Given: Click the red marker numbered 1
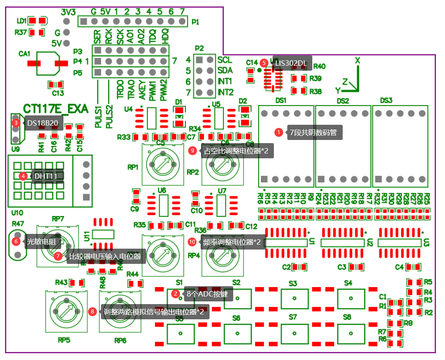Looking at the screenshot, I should pyautogui.click(x=279, y=132).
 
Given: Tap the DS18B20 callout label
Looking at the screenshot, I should pyautogui.click(x=42, y=123).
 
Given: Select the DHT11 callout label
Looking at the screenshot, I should pyautogui.click(x=46, y=176).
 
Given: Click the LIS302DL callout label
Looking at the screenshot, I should pyautogui.click(x=291, y=63).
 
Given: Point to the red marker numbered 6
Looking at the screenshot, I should pyautogui.click(x=16, y=241).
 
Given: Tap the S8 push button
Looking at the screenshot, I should pyautogui.click(x=351, y=333).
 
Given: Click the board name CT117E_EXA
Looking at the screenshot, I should pyautogui.click(x=56, y=109).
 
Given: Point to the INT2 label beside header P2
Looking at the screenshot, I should pyautogui.click(x=226, y=92).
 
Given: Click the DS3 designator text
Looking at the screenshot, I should pyautogui.click(x=386, y=100).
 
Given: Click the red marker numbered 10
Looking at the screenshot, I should pyautogui.click(x=192, y=241).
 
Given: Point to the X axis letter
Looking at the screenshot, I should pyautogui.click(x=357, y=60).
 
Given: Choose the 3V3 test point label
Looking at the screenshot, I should pyautogui.click(x=68, y=11).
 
